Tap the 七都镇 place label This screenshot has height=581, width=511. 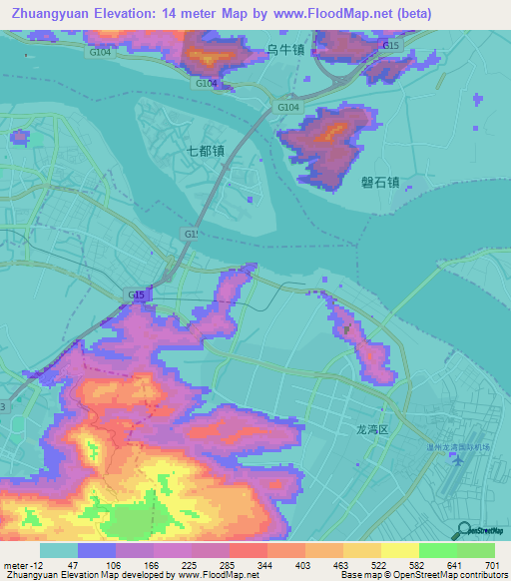pyautogui.click(x=204, y=152)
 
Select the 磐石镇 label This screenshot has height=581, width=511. pyautogui.click(x=379, y=182)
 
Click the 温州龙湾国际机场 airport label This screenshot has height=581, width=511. pyautogui.click(x=455, y=448)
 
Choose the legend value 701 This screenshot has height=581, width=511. pyautogui.click(x=493, y=566)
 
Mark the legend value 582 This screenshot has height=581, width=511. pyautogui.click(x=399, y=566)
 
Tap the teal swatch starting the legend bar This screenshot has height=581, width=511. pyautogui.click(x=58, y=550)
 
